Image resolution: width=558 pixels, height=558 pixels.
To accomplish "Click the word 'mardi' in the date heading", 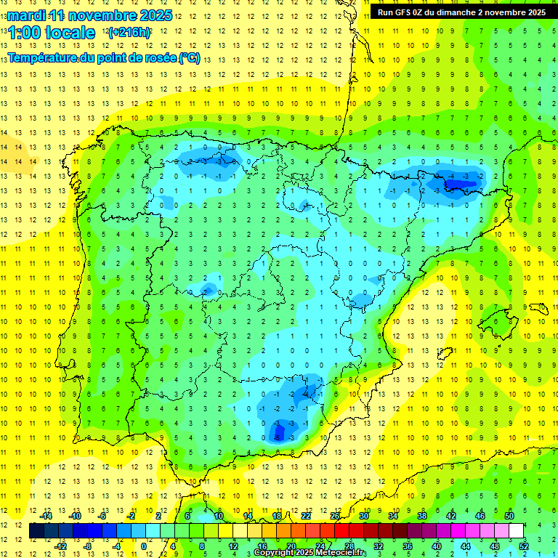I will click(26, 15).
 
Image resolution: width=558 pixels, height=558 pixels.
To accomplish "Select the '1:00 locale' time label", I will click(52, 33).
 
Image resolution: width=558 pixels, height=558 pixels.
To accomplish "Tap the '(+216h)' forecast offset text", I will click(129, 33).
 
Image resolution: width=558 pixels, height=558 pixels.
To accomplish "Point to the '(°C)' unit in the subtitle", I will click(190, 57).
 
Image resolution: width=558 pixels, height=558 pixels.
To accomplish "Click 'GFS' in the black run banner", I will click(408, 12).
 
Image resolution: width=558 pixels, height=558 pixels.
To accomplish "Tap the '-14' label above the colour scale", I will click(45, 516).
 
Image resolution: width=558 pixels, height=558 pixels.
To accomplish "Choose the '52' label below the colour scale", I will click(524, 546).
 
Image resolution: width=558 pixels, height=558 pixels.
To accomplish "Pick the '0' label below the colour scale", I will click(144, 546).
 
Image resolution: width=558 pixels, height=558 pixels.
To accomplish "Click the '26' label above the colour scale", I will click(335, 516).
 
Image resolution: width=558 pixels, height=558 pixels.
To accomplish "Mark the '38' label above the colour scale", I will click(421, 516).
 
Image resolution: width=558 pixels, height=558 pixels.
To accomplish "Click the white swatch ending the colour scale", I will click(516, 530).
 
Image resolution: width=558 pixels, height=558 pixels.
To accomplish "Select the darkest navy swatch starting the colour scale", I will click(36, 530).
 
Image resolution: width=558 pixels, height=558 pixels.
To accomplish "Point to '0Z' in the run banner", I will click(426, 12).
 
